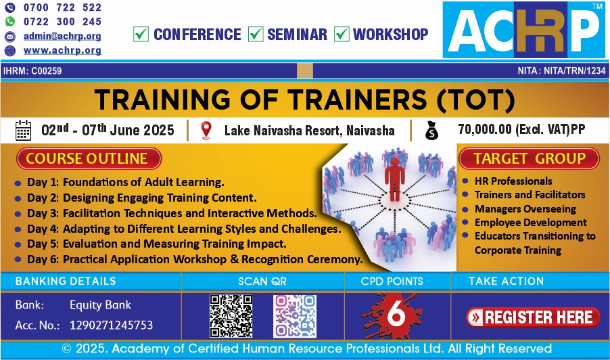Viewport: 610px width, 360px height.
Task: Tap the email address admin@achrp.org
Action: (x=62, y=36)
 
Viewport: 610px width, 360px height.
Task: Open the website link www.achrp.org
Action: (x=62, y=51)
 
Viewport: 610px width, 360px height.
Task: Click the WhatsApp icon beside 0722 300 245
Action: (x=9, y=22)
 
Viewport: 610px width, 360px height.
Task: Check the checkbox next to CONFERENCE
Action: (x=141, y=34)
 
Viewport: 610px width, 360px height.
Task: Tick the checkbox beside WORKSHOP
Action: (x=342, y=34)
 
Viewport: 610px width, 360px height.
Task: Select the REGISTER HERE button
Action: (x=533, y=317)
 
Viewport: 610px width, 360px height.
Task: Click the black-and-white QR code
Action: (x=231, y=316)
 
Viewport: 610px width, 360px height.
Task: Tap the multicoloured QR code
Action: (x=294, y=316)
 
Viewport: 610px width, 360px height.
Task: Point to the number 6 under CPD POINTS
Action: (x=396, y=314)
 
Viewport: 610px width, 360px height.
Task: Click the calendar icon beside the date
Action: (x=23, y=131)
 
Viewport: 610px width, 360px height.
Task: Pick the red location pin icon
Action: (x=206, y=131)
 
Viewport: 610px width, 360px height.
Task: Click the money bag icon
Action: (x=431, y=131)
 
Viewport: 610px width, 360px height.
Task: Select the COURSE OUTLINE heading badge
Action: (x=89, y=159)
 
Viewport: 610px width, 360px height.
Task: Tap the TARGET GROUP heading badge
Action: (x=529, y=159)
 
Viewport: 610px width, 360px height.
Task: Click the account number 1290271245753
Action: (x=112, y=325)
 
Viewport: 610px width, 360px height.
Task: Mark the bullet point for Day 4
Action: (x=18, y=229)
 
